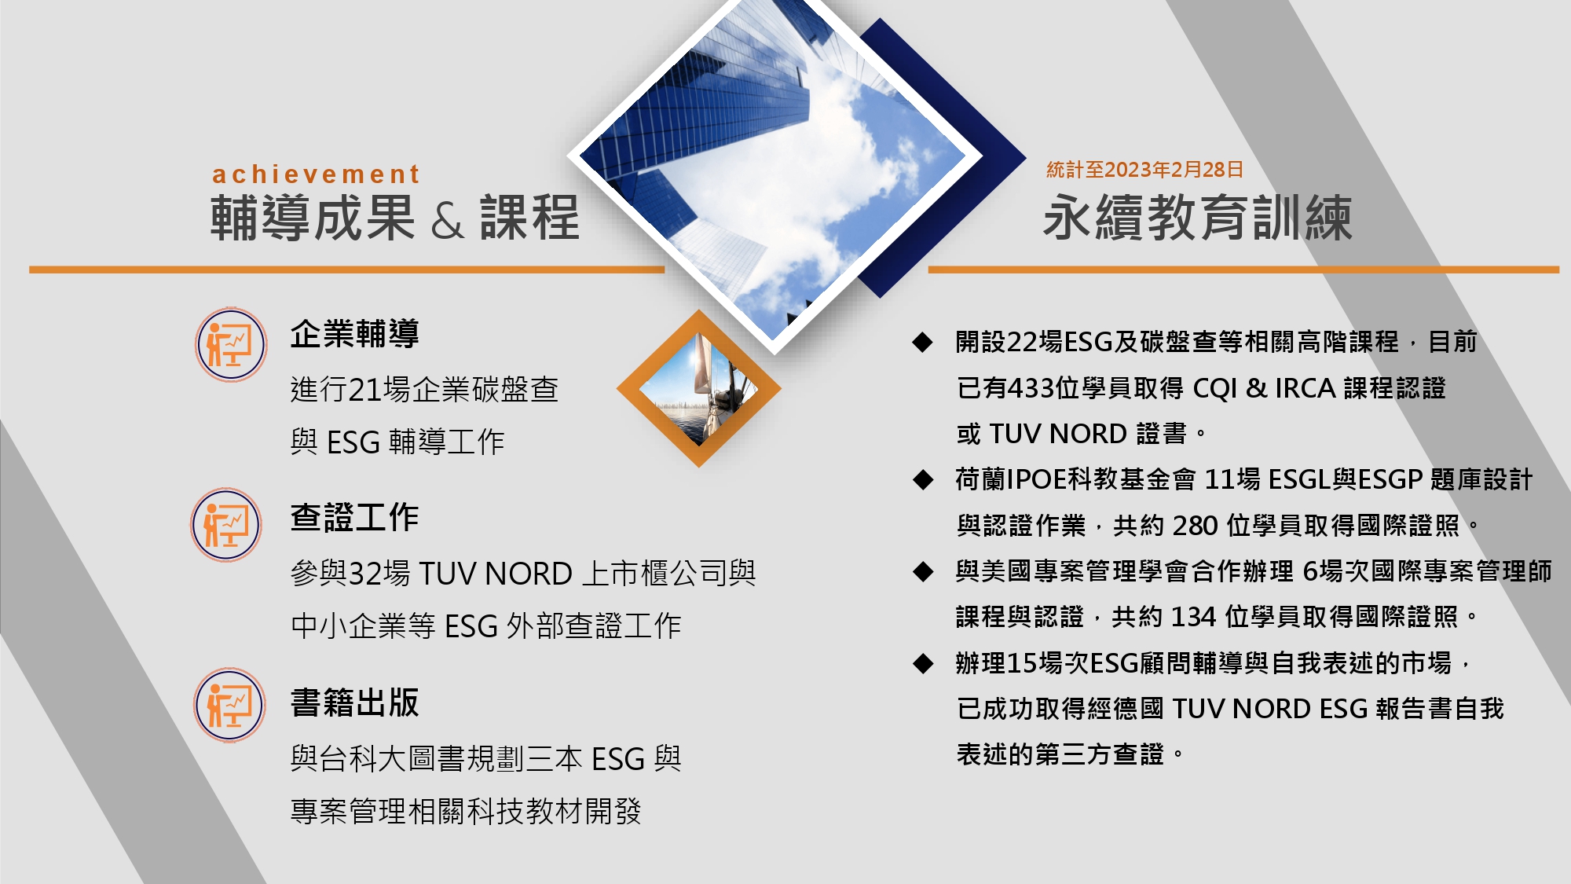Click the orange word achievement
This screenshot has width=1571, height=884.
tap(316, 174)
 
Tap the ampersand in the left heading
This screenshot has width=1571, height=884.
tap(447, 220)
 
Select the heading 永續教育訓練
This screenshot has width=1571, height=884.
tap(1197, 218)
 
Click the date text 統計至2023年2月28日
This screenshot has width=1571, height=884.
tap(1144, 169)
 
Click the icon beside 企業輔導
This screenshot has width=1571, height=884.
tap(231, 344)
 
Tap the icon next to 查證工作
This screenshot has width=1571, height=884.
tap(226, 525)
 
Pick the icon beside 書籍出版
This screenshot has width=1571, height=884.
tap(229, 705)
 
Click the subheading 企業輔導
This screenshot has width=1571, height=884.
tap(354, 333)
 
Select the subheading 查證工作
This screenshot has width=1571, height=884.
tap(354, 517)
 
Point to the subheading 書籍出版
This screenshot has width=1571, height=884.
tap(354, 702)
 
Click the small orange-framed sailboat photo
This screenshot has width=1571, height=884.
tap(698, 388)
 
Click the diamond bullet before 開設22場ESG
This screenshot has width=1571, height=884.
tap(922, 342)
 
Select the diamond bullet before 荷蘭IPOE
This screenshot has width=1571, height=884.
tap(922, 479)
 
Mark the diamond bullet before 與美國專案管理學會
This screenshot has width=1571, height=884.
tap(922, 571)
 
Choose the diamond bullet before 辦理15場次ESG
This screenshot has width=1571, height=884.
tap(922, 663)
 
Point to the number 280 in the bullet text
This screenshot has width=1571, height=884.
tap(1195, 526)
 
